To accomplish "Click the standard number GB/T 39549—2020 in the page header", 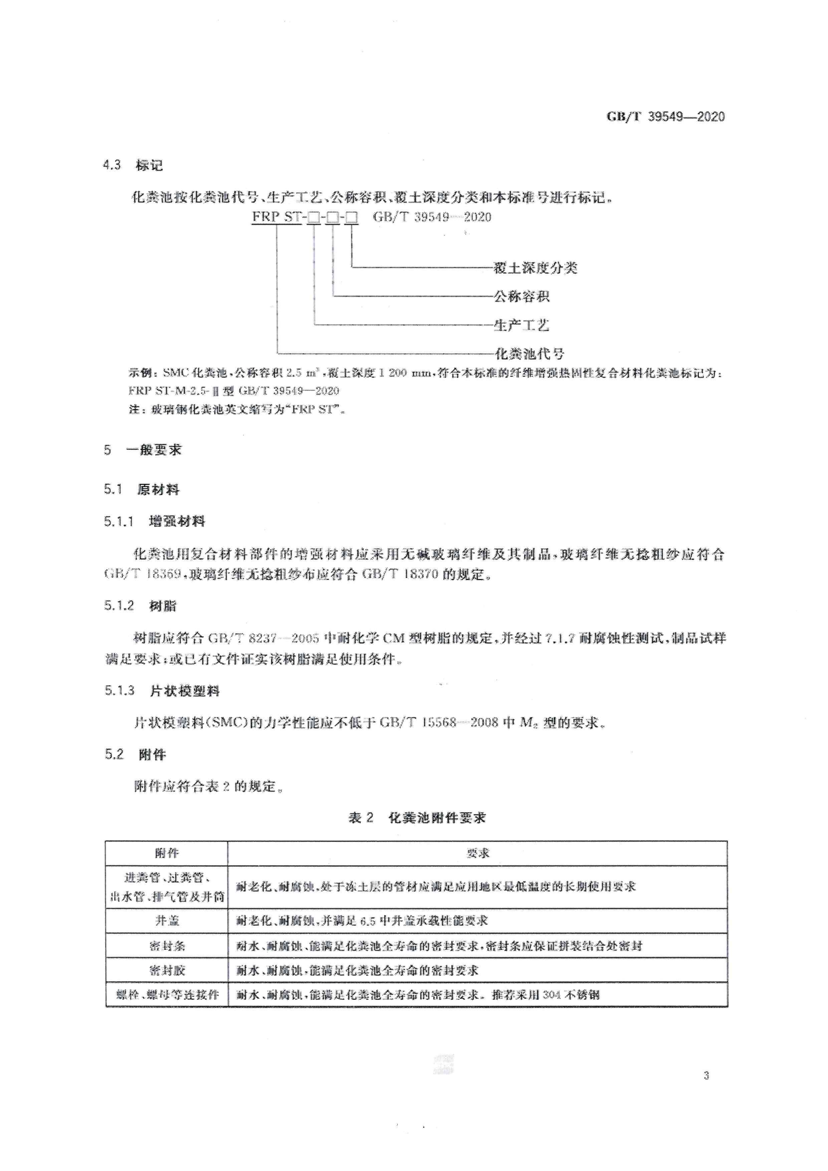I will pyautogui.click(x=665, y=117).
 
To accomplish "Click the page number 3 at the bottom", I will pyautogui.click(x=706, y=1076).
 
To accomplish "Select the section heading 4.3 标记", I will pyautogui.click(x=133, y=165).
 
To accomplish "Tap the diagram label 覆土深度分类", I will pyautogui.click(x=535, y=268).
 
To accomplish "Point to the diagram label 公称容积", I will pyautogui.click(x=521, y=297).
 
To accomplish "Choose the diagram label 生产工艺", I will pyautogui.click(x=521, y=325).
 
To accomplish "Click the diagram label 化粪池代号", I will pyautogui.click(x=529, y=354).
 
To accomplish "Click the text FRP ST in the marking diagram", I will pyautogui.click(x=277, y=217).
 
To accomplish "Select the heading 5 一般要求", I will pyautogui.click(x=143, y=450).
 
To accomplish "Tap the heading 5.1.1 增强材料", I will pyautogui.click(x=155, y=521).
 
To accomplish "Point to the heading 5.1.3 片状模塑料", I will pyautogui.click(x=162, y=691).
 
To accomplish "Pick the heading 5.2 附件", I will pyautogui.click(x=135, y=754).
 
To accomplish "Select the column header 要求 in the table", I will pyautogui.click(x=477, y=853).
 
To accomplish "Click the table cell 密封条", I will pyautogui.click(x=166, y=946).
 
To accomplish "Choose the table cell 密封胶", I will pyautogui.click(x=166, y=970).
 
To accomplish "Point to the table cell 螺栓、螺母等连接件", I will pyautogui.click(x=166, y=995).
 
